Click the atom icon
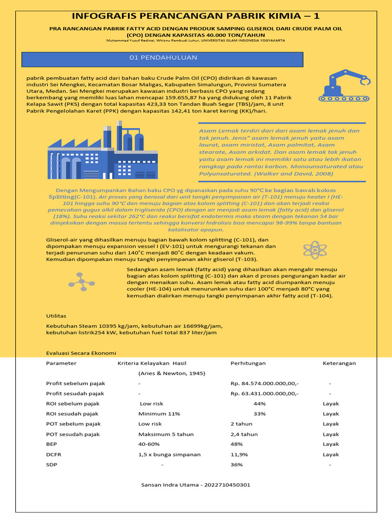coord(314,249)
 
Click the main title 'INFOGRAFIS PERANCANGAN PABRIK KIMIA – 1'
coord(196,16)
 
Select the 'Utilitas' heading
coord(56,316)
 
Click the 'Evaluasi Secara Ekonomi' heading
coord(81,353)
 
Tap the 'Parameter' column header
coord(61,363)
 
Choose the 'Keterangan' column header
coord(339,363)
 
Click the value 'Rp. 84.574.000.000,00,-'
coord(265,383)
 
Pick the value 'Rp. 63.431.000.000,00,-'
coord(265,393)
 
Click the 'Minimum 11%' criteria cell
coord(159,414)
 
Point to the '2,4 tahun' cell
coord(244,434)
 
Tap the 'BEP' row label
coord(52,444)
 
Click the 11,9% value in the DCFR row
coord(239,455)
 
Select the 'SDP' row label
coord(52,465)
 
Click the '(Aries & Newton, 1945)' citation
coord(168,373)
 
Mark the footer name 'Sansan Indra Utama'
coord(168,485)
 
